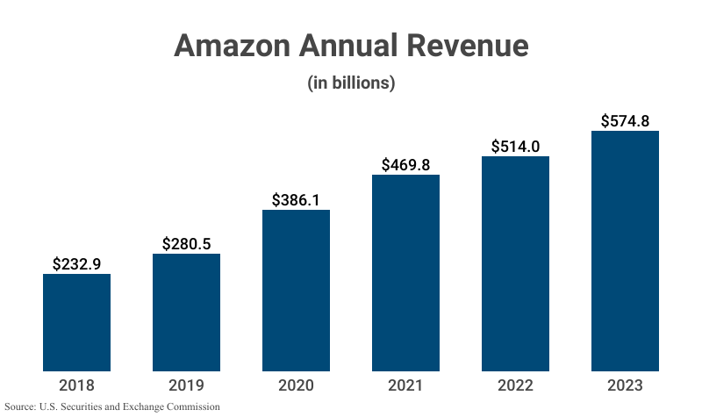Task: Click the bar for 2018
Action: pos(77,322)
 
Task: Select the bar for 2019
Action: pos(186,312)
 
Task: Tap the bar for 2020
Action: pos(296,290)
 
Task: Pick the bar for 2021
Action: pos(405,272)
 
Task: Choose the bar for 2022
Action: pos(515,263)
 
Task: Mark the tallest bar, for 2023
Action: pos(625,250)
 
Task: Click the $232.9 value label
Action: pos(77,262)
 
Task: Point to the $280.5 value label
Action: pos(186,242)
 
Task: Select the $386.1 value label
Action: pos(296,198)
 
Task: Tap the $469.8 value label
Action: pos(405,164)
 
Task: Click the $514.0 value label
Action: pos(515,146)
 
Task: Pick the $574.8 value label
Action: pos(625,120)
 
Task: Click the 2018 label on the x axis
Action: pos(77,385)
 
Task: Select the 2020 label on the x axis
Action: pos(296,385)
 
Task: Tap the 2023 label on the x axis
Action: pos(625,385)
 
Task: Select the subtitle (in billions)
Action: pos(351,83)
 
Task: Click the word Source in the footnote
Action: pos(20,407)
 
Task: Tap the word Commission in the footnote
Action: pos(190,407)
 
